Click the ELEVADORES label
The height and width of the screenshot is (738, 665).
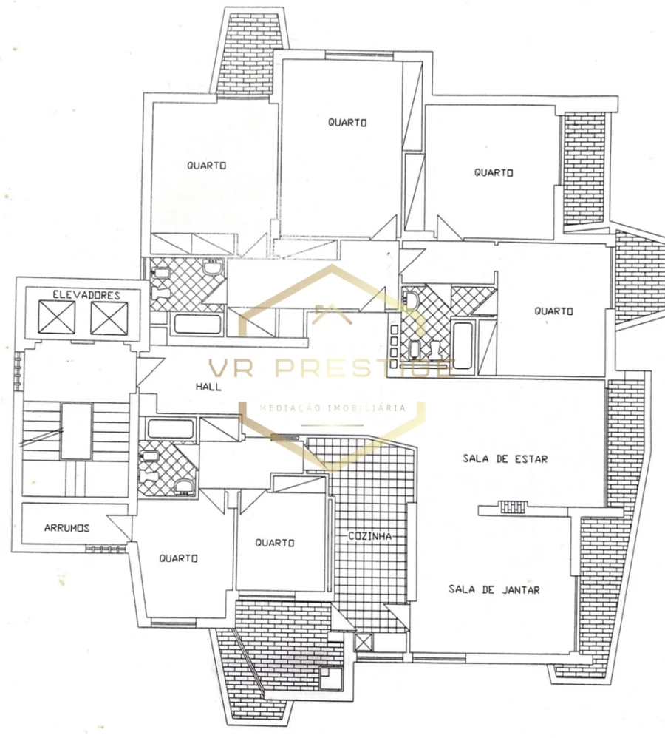coord(86,295)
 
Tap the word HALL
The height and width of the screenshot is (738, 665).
coord(208,387)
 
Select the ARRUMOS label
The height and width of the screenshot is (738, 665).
coord(66,528)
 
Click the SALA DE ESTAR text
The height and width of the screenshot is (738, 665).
coord(505,458)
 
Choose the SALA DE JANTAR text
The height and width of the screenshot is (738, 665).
coord(494,589)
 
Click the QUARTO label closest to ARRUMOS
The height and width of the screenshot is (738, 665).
coord(178,558)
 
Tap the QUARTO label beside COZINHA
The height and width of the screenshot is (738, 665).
coord(275,543)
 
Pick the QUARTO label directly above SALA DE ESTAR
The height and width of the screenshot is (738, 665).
coord(553,311)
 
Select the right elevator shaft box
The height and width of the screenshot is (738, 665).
coord(109,319)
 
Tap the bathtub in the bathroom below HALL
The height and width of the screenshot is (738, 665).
coord(171,428)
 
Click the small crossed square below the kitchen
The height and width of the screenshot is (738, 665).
coord(363,642)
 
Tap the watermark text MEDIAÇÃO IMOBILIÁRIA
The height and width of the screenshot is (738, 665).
coord(332,407)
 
